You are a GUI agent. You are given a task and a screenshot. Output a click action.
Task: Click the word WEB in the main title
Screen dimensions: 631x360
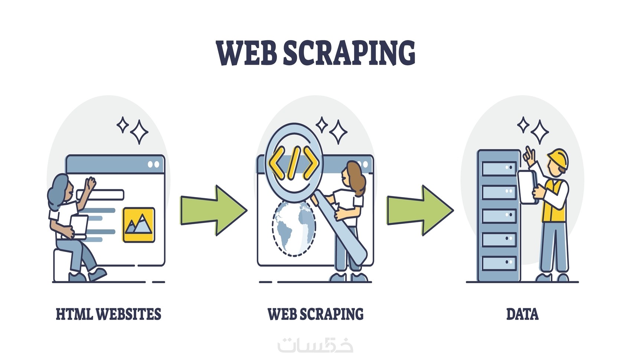point(246,53)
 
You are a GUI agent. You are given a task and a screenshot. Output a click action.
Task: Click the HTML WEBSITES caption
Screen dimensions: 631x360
point(108,314)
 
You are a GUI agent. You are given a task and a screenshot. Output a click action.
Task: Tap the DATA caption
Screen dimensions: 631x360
point(522,314)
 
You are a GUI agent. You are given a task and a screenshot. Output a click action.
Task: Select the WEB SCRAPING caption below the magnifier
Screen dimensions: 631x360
point(315,314)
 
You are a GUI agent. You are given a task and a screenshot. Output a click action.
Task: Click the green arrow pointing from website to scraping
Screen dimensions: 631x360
point(214,210)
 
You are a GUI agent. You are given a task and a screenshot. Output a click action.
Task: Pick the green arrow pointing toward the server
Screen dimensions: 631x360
point(420,210)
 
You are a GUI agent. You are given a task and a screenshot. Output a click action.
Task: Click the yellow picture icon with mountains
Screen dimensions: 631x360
point(139,225)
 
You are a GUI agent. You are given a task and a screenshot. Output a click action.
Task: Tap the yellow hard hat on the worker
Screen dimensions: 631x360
point(558,158)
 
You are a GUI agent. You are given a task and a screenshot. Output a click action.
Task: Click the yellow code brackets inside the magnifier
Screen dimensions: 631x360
point(294,163)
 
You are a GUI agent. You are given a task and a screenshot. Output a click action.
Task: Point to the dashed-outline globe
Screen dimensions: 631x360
point(294,229)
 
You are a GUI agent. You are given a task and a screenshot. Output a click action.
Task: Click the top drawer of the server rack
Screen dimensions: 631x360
point(499,168)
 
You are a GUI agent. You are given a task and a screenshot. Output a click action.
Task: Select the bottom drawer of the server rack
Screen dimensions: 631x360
point(499,264)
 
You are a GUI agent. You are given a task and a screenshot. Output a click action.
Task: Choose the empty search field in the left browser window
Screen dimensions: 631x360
point(101,194)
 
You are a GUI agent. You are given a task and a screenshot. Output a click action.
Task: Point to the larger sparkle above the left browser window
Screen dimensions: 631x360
point(139,132)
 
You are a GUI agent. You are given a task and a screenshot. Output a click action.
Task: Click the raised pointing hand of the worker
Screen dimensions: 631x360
point(529,156)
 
